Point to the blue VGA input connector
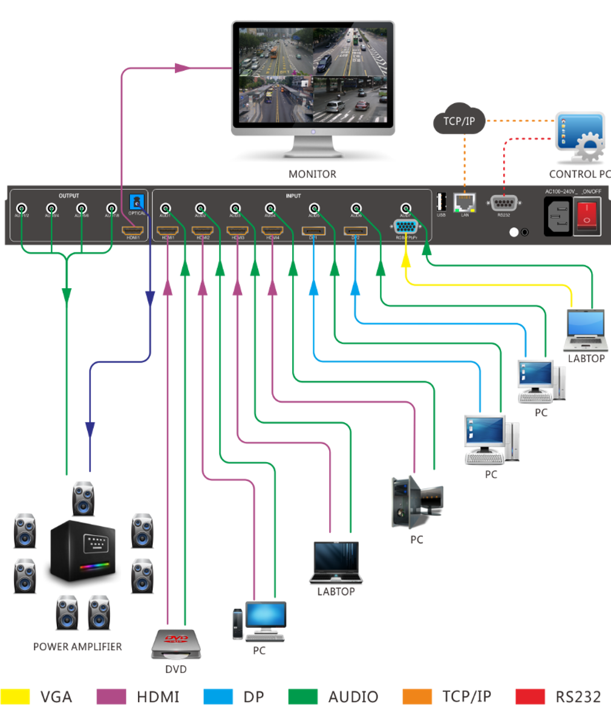click(x=404, y=228)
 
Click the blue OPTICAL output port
click(x=137, y=202)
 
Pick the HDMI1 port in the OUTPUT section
click(x=132, y=230)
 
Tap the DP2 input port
click(x=355, y=230)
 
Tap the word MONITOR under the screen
click(x=312, y=175)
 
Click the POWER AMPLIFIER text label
click(x=77, y=646)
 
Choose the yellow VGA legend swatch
click(x=15, y=696)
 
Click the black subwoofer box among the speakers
click(x=82, y=549)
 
